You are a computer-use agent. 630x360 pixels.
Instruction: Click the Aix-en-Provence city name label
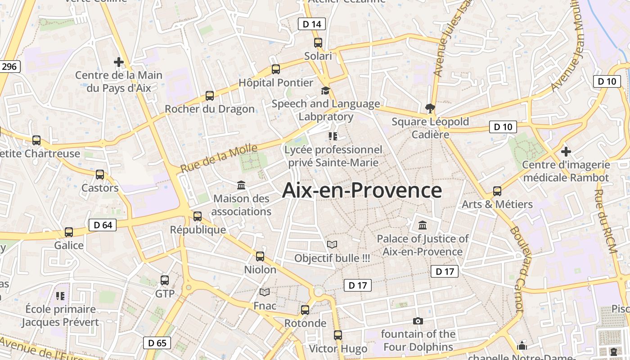[362, 190]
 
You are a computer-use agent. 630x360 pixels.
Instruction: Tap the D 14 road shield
[311, 24]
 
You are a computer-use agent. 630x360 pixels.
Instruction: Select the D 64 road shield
[103, 225]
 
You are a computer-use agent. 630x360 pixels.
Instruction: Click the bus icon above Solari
[318, 43]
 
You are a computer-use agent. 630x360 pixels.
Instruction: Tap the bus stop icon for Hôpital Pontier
[276, 69]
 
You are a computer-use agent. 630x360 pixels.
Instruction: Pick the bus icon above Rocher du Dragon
[210, 95]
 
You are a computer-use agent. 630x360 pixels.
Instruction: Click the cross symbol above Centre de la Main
[119, 62]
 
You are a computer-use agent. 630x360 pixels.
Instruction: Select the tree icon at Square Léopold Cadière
[430, 108]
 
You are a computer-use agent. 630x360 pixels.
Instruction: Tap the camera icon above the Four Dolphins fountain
[418, 321]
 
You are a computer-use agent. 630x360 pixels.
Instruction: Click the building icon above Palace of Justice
[423, 225]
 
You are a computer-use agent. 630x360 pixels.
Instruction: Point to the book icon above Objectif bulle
[332, 244]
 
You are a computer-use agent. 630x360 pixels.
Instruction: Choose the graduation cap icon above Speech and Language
[325, 90]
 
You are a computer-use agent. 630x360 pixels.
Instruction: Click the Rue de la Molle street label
[219, 158]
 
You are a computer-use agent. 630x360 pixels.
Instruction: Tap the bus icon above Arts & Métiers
[497, 191]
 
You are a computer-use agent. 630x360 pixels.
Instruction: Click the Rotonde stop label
[305, 323]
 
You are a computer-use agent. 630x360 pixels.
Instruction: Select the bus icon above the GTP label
[165, 280]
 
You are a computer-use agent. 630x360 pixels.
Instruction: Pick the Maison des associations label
[241, 205]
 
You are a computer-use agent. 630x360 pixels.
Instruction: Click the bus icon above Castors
[100, 175]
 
